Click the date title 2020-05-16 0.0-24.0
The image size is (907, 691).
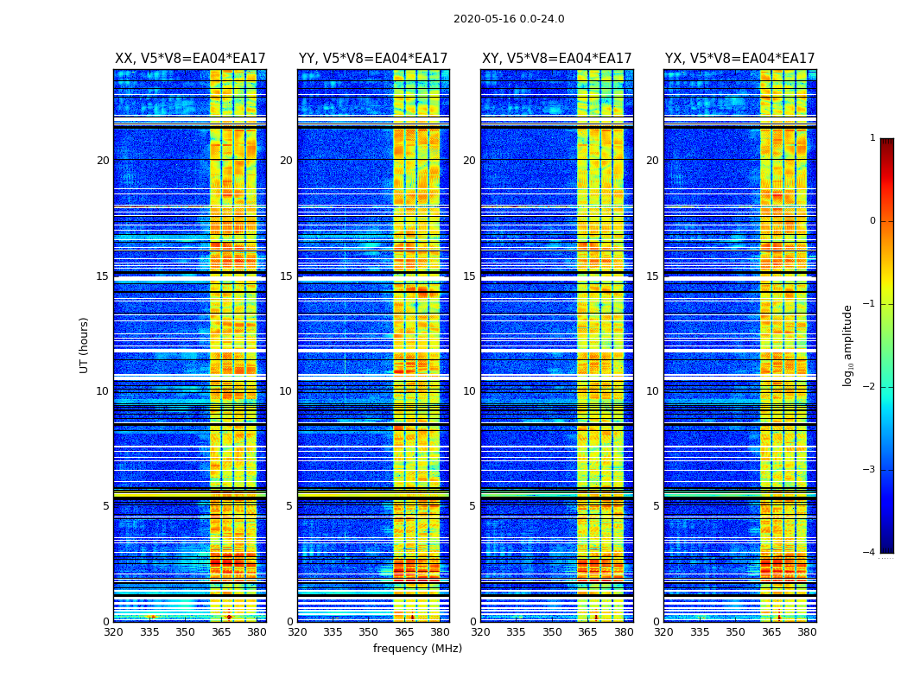509,19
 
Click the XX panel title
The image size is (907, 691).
190,59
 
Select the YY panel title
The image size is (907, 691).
373,59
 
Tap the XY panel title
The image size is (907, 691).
556,59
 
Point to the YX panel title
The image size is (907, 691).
739,59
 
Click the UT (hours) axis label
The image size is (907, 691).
85,345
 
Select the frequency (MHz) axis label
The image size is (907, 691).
417,649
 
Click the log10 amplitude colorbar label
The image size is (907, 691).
848,345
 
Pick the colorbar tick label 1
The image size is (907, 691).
872,138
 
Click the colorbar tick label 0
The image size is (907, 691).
872,221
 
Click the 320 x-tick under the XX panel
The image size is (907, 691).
114,632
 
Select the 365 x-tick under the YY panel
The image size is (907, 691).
404,632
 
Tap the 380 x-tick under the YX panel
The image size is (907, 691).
807,632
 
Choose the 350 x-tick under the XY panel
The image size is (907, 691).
552,632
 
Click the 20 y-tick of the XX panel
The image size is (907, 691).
103,161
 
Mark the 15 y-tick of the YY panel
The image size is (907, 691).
286,276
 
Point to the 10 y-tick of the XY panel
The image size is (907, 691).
469,391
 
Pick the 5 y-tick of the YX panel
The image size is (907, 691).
656,506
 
